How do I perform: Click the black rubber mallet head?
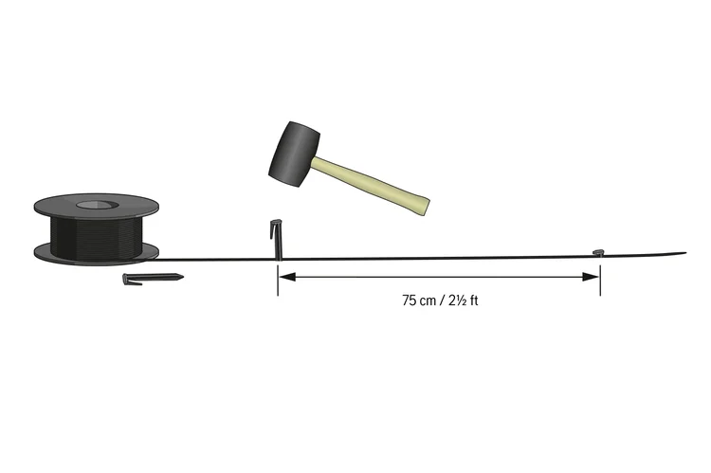pos(295,155)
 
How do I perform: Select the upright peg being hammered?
pos(277,241)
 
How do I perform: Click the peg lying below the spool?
pos(153,279)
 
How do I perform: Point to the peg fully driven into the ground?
pos(599,252)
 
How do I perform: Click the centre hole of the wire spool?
pos(97,205)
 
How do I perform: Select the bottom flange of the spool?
pos(97,255)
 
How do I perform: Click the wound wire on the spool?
pos(97,236)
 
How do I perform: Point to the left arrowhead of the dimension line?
pos(286,277)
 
